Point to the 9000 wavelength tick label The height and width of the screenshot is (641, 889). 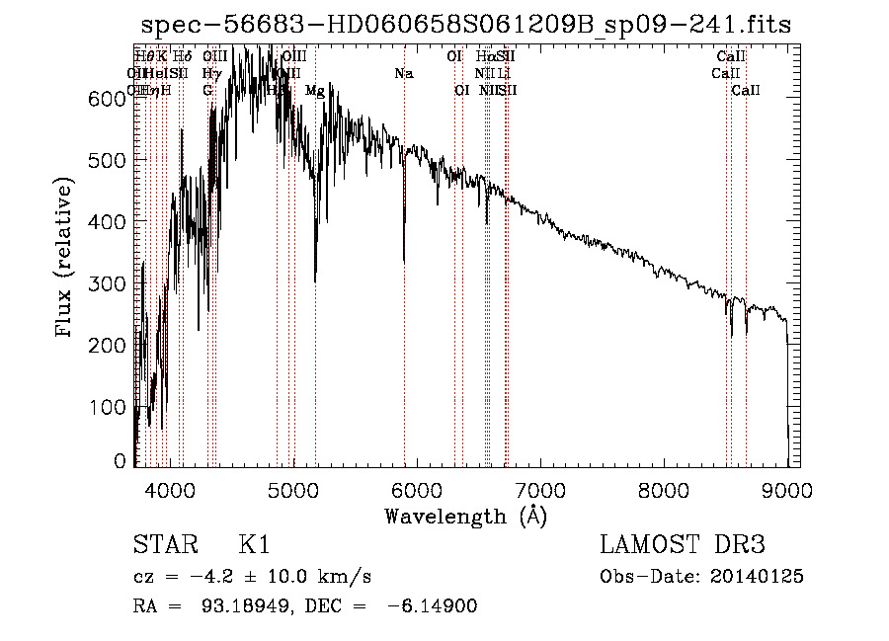click(787, 490)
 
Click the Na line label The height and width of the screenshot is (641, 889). click(403, 74)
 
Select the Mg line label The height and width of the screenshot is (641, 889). click(314, 91)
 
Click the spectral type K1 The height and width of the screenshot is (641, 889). click(254, 545)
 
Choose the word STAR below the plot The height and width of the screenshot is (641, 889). click(164, 545)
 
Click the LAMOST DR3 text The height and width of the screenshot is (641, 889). click(683, 545)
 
